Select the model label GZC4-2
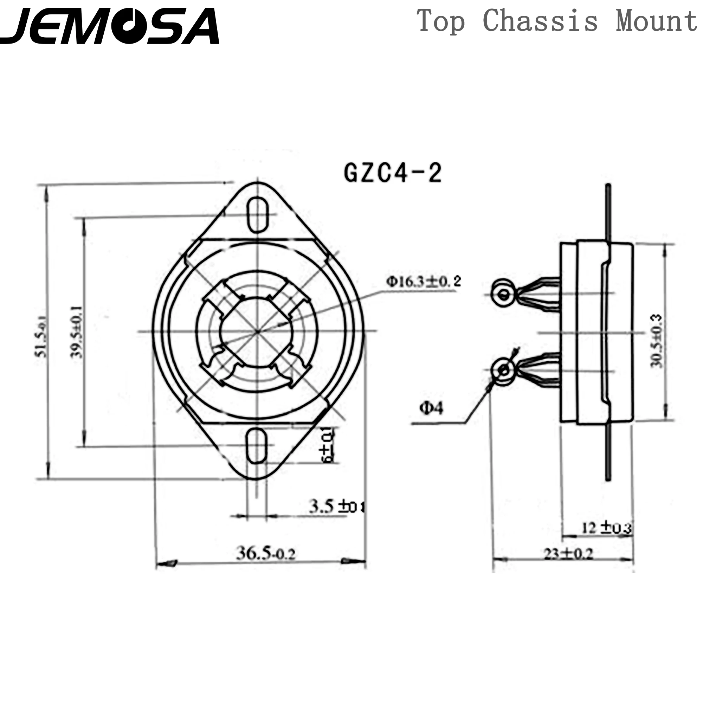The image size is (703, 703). (393, 173)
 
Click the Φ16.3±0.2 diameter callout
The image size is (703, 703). (424, 281)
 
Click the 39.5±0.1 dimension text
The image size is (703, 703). (77, 332)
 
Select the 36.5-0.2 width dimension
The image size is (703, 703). (266, 554)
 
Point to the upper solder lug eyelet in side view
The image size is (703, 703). (504, 294)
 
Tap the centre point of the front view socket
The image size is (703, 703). (257, 331)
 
